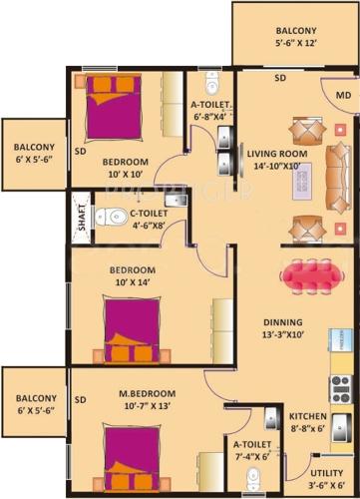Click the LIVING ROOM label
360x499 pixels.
(278, 153)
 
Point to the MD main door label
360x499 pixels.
(342, 96)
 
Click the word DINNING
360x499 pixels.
(283, 322)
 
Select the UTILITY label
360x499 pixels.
(328, 475)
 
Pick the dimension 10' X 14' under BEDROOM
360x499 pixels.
(132, 283)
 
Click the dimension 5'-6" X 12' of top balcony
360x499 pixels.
(280, 45)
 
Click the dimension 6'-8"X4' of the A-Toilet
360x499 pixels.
(210, 115)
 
